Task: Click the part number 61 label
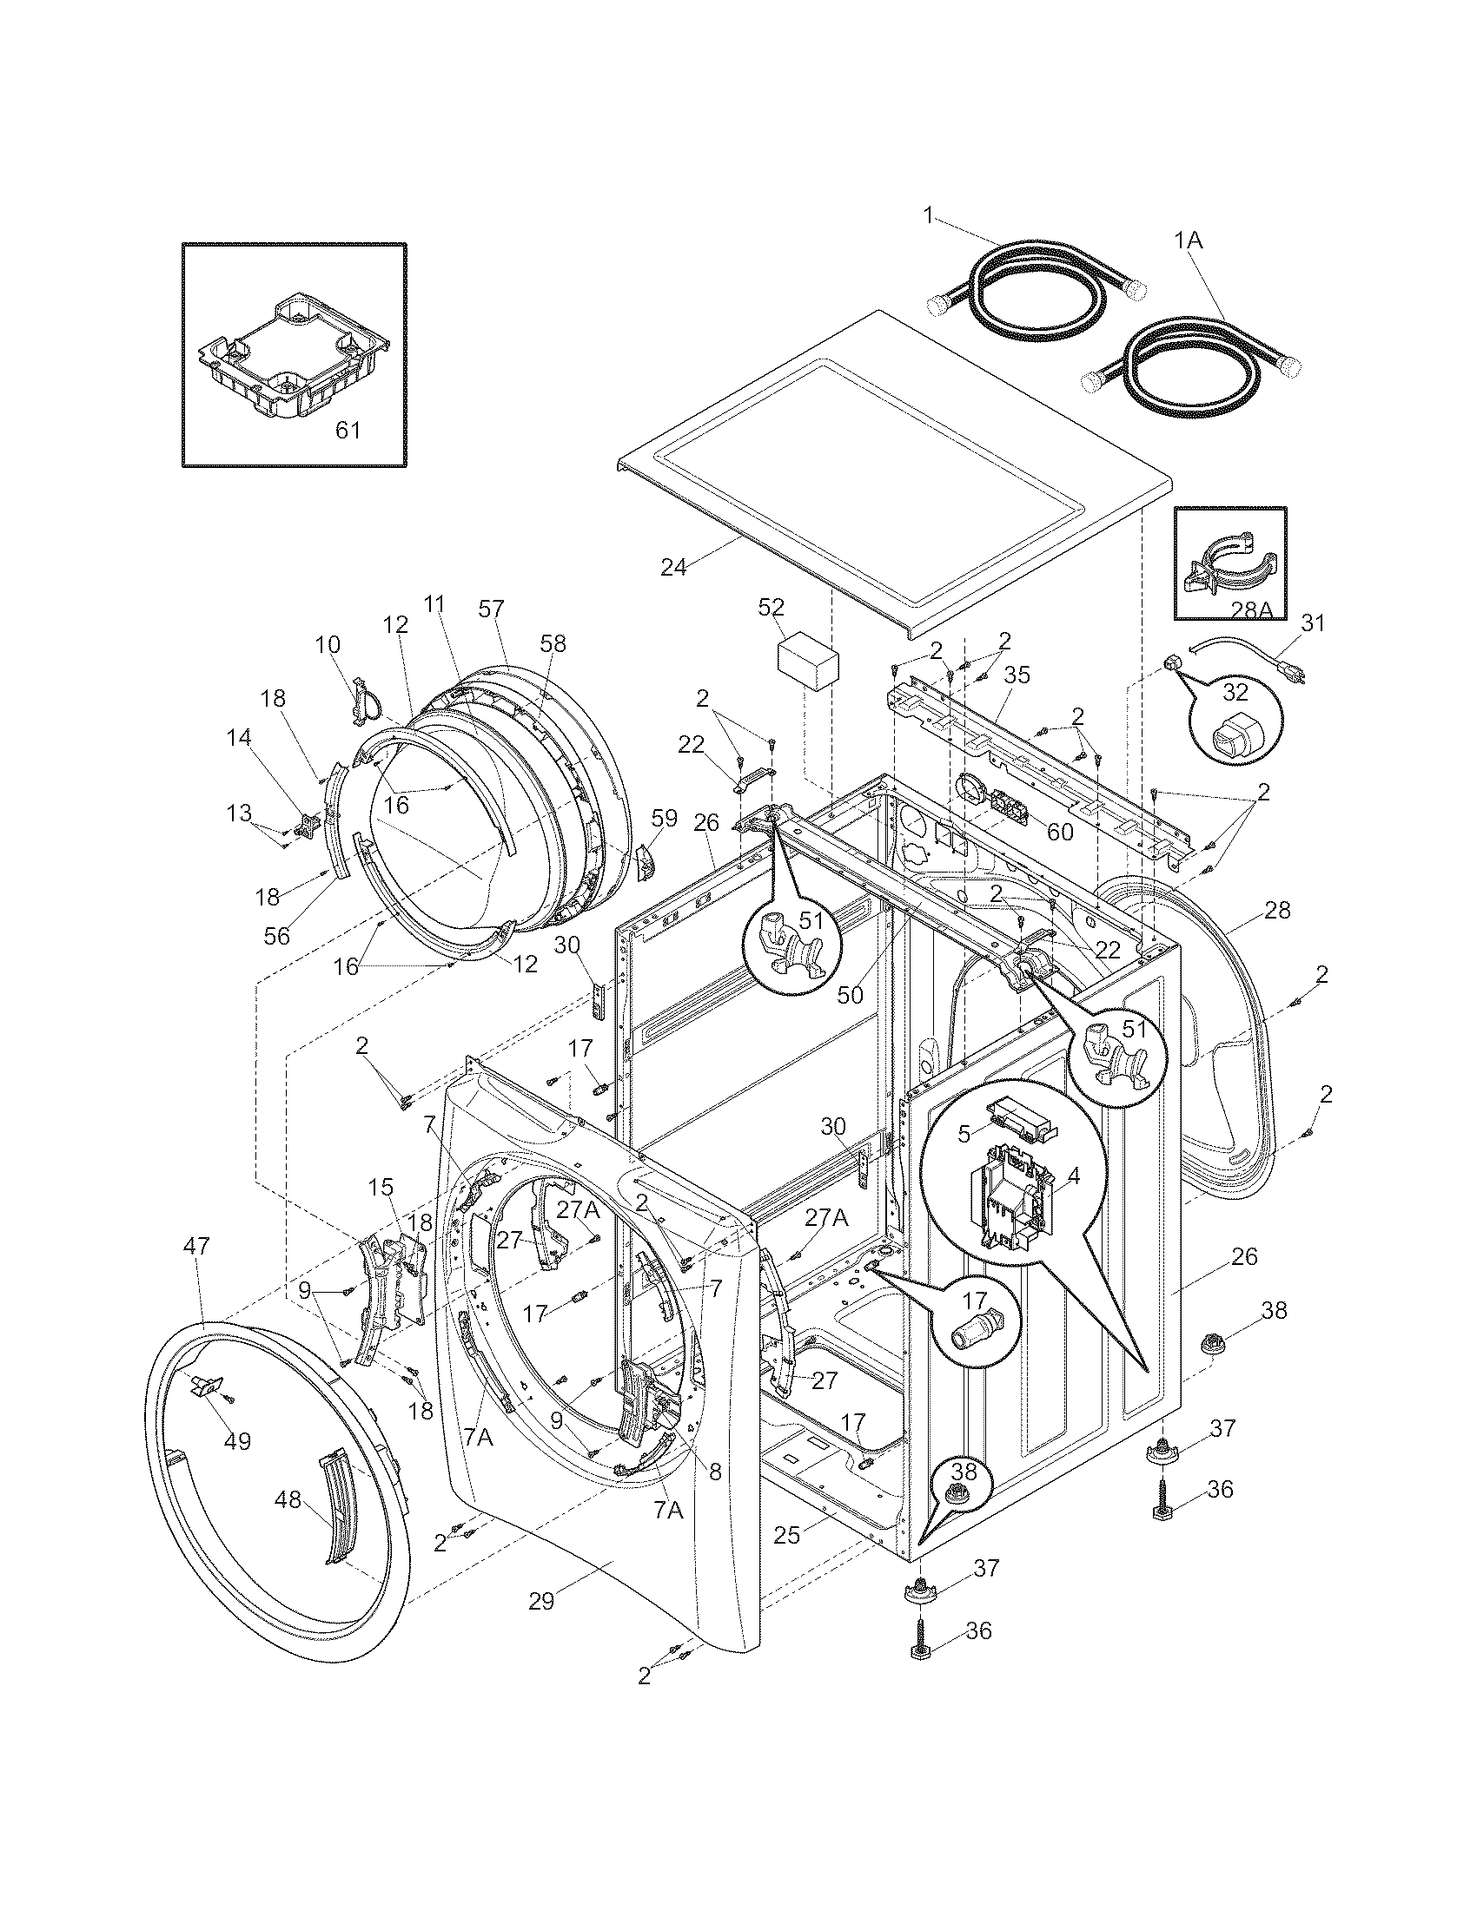pos(348,431)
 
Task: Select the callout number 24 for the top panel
pos(672,567)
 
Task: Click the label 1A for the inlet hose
pos(1189,240)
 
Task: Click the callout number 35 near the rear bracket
pos(1017,675)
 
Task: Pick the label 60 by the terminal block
pos(1060,831)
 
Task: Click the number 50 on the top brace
pos(849,994)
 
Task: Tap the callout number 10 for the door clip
pos(328,644)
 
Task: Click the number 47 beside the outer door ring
pos(197,1245)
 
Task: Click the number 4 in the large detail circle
pos(1074,1176)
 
